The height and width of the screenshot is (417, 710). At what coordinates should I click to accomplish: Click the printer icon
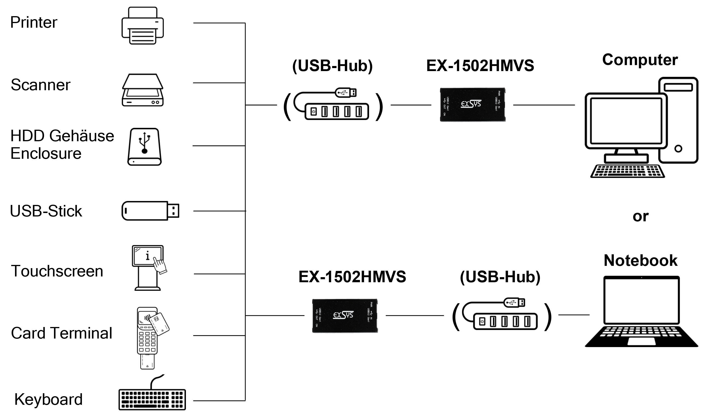(x=143, y=26)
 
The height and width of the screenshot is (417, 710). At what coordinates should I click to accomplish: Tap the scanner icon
(x=143, y=90)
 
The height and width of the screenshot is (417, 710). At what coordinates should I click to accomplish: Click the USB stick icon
(x=150, y=211)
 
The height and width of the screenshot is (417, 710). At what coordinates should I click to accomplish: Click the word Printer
(x=33, y=22)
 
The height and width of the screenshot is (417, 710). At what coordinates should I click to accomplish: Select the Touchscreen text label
(x=57, y=271)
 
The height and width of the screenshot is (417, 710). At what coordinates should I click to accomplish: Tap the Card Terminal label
(x=61, y=333)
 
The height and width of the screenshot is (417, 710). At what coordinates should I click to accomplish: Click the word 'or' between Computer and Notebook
(x=640, y=216)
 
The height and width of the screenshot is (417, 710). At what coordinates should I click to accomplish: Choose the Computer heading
(x=640, y=60)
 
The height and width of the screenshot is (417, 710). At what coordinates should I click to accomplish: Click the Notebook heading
(x=640, y=260)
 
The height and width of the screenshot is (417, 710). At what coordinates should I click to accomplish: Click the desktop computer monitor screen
(x=626, y=121)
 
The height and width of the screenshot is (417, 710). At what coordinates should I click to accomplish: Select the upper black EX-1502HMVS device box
(x=472, y=105)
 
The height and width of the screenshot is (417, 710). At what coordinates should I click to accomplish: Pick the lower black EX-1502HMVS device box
(x=345, y=316)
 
